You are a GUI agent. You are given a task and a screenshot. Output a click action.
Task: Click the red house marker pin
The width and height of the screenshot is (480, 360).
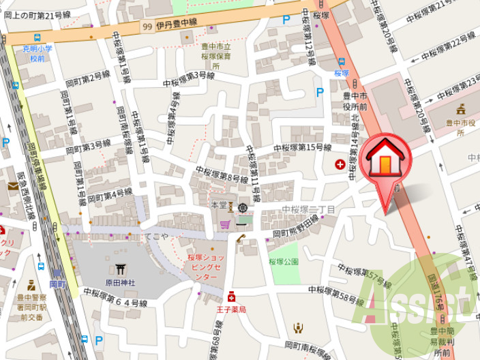385,161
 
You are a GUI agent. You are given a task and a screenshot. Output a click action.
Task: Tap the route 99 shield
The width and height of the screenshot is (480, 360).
147,27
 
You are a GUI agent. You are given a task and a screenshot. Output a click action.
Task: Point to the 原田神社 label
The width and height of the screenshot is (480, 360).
120,282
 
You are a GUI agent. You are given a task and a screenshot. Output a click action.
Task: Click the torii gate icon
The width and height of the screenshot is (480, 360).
120,269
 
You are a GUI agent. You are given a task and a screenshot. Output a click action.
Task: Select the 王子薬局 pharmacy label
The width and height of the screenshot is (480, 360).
231,308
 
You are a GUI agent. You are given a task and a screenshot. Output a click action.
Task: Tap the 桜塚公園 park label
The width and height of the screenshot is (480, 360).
284,261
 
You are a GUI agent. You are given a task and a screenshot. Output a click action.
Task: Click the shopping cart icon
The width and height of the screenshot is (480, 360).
224,224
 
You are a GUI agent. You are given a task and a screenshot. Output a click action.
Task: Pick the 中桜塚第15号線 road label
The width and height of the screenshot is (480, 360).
302,147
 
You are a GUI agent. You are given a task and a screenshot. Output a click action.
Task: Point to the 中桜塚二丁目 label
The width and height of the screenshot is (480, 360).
308,209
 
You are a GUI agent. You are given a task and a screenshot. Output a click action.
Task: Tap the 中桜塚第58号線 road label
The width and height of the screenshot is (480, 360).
337,294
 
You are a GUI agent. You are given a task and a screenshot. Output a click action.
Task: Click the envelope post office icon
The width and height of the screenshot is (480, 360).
13,185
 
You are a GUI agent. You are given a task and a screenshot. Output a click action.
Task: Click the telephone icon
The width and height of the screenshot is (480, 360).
241,238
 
